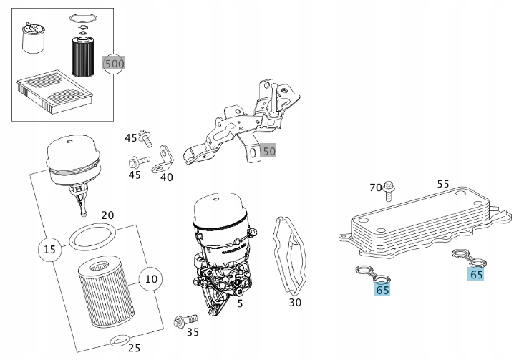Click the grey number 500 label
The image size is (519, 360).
pos(114,64)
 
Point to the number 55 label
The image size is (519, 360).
pos(443,184)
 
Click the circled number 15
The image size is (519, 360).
pos(49,250)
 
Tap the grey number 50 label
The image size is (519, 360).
pos(268,151)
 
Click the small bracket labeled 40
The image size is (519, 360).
pos(165,159)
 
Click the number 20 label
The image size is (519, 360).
pos(107,215)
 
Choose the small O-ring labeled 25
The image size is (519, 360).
pos(120,339)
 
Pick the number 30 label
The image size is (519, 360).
pos(295,303)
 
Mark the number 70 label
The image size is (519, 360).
pos(375,188)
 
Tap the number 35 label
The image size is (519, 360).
pos(193,331)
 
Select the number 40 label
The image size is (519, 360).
pos(166,177)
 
